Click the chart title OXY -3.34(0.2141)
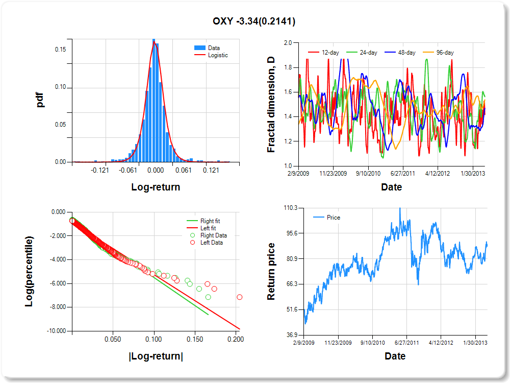(x=254, y=21)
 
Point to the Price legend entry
(x=334, y=218)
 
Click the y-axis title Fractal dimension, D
(x=272, y=105)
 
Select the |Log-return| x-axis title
(x=156, y=356)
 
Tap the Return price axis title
(x=272, y=271)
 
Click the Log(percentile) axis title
(x=30, y=271)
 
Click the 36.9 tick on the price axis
(x=292, y=334)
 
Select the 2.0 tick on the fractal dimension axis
(x=288, y=43)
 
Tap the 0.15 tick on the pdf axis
(x=60, y=50)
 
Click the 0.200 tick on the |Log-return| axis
(x=236, y=339)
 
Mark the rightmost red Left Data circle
(x=239, y=297)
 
